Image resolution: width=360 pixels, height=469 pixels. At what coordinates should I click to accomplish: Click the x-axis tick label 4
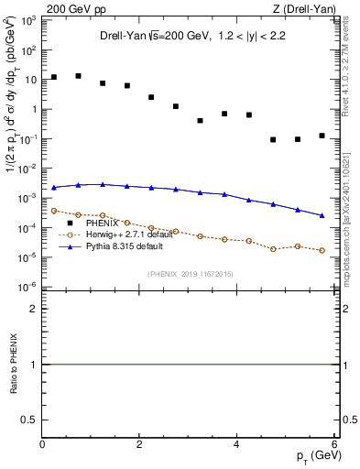click(236, 443)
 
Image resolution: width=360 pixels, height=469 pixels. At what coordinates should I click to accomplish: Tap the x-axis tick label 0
click(43, 443)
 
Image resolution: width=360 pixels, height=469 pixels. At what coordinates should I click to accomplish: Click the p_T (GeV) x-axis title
click(314, 457)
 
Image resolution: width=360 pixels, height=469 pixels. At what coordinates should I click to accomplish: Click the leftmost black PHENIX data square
click(54, 77)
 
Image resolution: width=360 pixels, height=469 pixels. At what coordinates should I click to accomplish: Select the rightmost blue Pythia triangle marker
click(322, 216)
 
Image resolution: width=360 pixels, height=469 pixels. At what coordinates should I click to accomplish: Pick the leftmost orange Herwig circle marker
click(54, 211)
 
